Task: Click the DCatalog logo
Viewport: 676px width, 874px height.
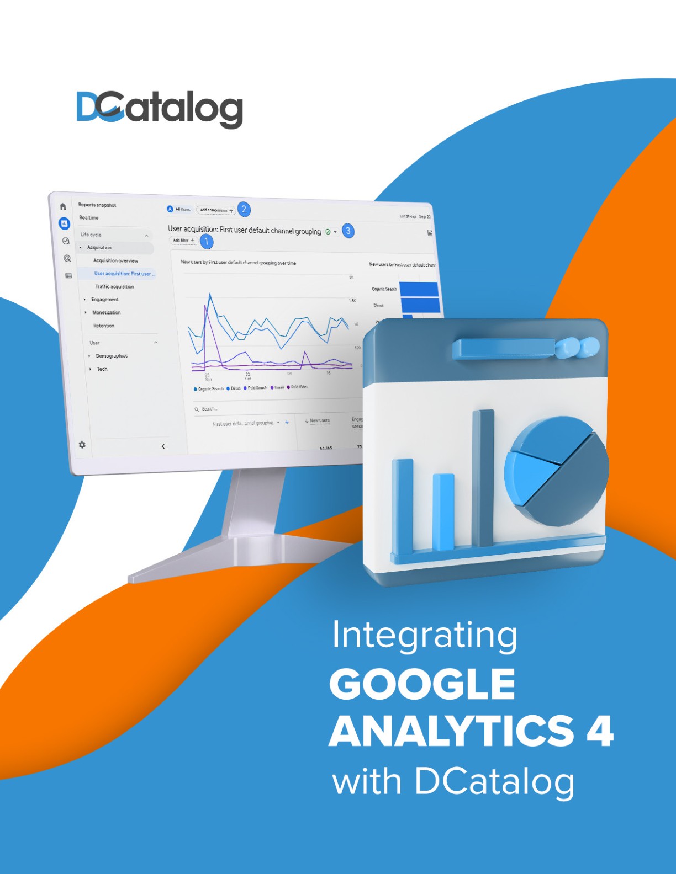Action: tap(160, 109)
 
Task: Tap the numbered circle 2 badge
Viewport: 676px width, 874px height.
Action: tap(244, 210)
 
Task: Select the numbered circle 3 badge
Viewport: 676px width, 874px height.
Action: tap(348, 231)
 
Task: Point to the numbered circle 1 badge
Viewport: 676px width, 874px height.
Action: tap(207, 241)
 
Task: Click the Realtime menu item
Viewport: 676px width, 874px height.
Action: tap(89, 217)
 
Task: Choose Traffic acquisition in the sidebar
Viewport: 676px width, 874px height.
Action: tap(114, 286)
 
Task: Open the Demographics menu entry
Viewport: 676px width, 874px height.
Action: tap(112, 356)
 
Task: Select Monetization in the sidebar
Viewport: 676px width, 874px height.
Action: tap(106, 312)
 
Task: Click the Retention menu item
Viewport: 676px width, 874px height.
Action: tap(104, 326)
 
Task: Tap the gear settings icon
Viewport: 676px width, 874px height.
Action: tap(82, 445)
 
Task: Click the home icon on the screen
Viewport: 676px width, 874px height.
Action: tap(63, 206)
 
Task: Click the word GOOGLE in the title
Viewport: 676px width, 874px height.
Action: tap(422, 684)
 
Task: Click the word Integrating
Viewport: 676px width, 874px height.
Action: tap(424, 636)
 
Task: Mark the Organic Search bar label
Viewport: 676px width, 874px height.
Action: tap(384, 289)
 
